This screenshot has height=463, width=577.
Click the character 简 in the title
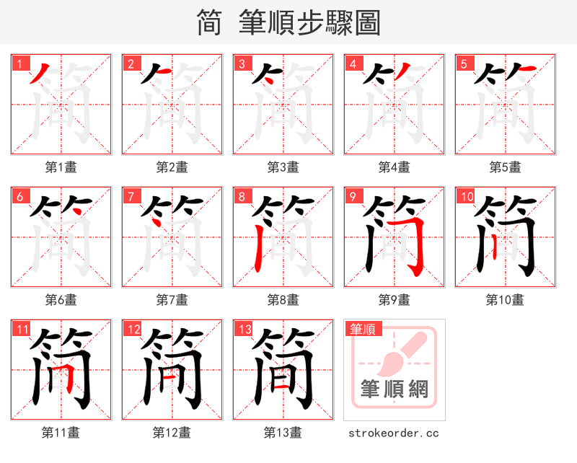(209, 23)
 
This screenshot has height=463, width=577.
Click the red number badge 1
(19, 64)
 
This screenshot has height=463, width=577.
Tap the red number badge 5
(464, 64)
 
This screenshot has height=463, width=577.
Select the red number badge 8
(242, 197)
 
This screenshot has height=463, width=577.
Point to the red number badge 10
(466, 197)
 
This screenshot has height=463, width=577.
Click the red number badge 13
(244, 330)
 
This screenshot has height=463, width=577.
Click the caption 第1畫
(61, 167)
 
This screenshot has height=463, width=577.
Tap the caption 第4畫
(395, 167)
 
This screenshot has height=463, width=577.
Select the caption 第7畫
(172, 300)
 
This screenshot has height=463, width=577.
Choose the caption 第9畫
(395, 300)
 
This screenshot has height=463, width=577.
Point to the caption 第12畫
(172, 433)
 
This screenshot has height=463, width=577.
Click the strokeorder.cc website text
(394, 433)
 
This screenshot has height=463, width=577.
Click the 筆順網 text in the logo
(395, 390)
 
